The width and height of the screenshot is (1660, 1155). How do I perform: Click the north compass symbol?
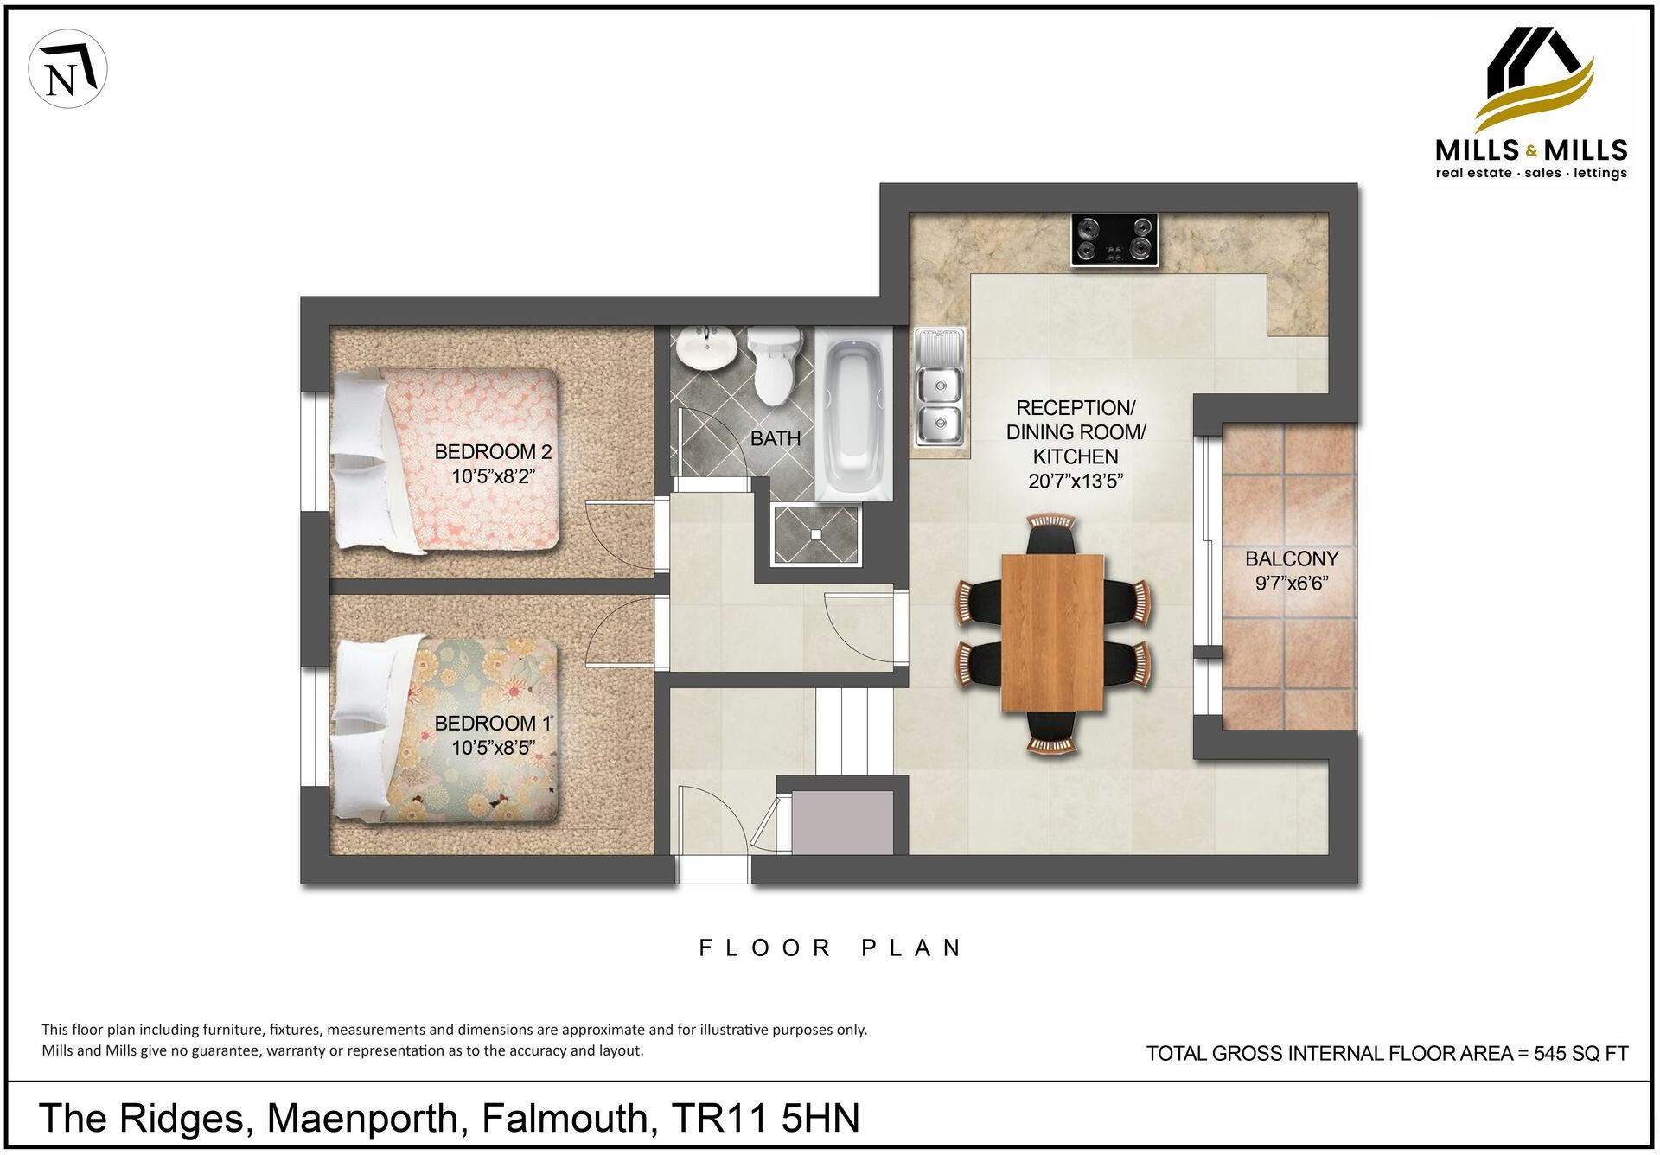[x=67, y=69]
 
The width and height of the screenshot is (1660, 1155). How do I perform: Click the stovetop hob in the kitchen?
[x=1114, y=239]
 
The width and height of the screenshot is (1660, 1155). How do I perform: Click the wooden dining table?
[x=1052, y=633]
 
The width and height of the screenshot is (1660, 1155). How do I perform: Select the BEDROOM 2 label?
[x=493, y=452]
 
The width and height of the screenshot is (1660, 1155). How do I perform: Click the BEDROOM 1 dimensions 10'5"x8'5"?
[x=494, y=748]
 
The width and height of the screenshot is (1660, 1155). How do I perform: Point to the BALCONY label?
[x=1292, y=558]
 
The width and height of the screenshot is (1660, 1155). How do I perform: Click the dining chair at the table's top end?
[x=1051, y=535]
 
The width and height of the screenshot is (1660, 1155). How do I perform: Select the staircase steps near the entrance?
[x=854, y=731]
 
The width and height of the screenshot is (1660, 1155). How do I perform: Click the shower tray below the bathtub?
[x=817, y=533]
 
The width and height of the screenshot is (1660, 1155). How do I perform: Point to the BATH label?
[x=776, y=439]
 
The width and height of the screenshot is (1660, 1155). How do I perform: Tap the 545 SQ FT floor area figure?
[x=1580, y=1054]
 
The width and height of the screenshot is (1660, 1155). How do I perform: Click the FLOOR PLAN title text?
[x=830, y=948]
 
